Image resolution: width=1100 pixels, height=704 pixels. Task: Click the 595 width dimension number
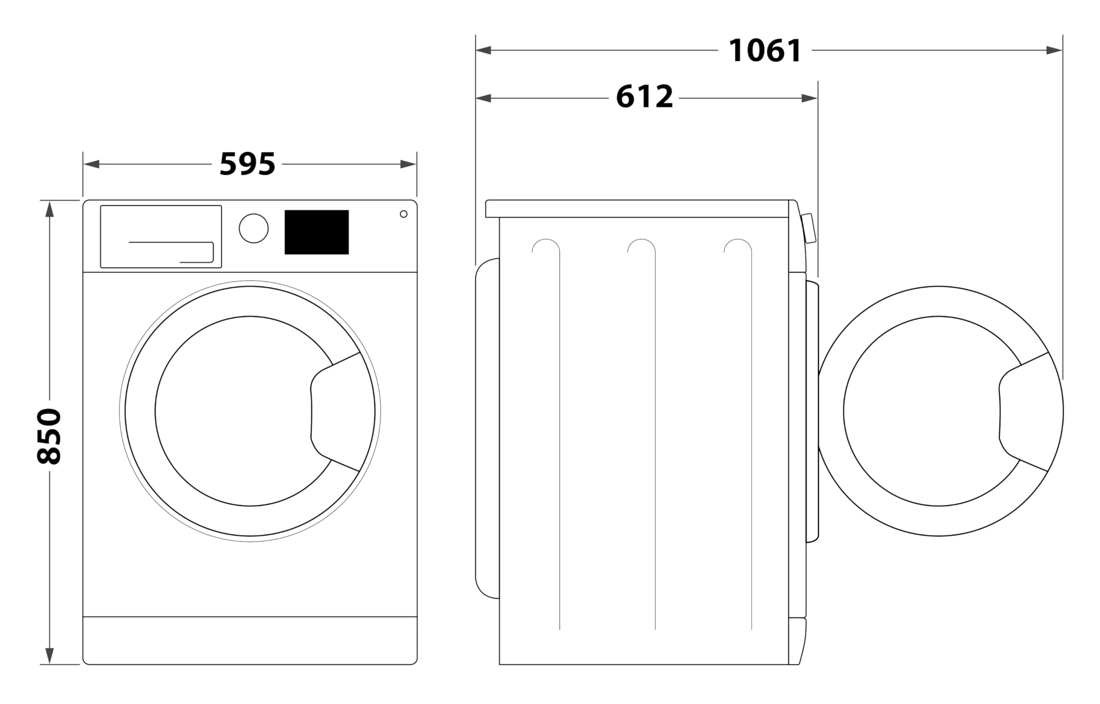tap(247, 164)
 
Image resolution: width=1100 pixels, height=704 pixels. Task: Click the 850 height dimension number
tap(49, 436)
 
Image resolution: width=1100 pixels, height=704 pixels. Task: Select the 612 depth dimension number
tap(644, 97)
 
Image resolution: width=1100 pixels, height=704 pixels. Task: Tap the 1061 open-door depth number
tap(765, 50)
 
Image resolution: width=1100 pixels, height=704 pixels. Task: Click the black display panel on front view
tap(316, 232)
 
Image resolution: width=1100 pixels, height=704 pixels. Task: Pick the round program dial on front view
tap(254, 228)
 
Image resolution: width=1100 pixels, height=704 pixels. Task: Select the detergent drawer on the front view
tap(161, 236)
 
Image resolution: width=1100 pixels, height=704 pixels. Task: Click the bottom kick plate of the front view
tap(250, 640)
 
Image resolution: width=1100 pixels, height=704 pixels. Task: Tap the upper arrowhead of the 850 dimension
tap(49, 208)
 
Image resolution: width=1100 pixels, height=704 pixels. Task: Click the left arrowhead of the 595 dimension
tap(91, 164)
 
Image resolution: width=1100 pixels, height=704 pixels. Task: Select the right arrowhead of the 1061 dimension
tap(1054, 50)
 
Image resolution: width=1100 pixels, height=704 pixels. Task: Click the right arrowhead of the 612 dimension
tap(810, 98)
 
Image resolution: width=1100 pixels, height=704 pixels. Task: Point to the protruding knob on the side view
tap(809, 228)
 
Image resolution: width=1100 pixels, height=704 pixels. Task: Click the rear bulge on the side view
tap(487, 428)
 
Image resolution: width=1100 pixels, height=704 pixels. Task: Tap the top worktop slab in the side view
tap(637, 208)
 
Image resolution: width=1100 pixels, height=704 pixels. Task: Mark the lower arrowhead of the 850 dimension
tap(49, 656)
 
